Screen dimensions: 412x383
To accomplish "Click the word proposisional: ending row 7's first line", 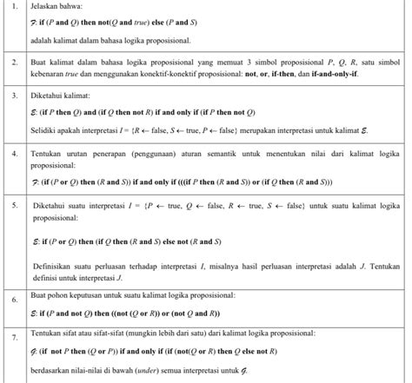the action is pos(297,333).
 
